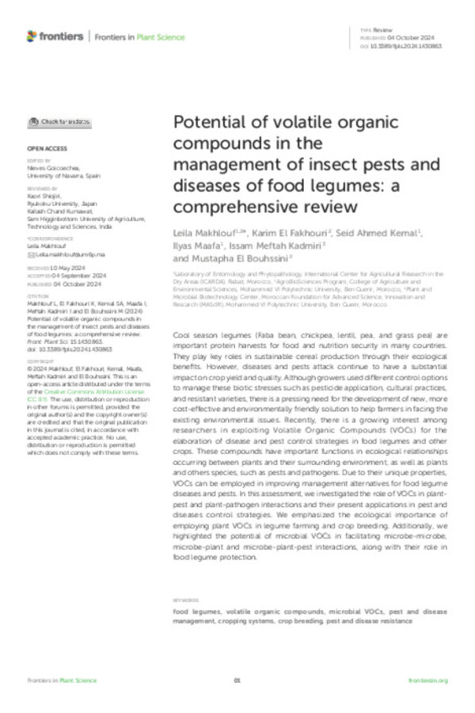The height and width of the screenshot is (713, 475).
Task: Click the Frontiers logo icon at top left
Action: click(31, 36)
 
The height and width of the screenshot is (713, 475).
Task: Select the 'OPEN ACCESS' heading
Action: click(43, 148)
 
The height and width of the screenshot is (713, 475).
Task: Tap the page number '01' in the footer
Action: click(237, 680)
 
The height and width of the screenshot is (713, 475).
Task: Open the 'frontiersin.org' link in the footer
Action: click(428, 680)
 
